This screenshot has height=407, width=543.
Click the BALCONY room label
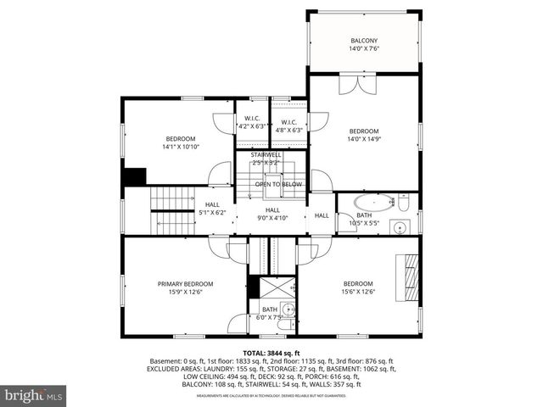(x=364, y=41)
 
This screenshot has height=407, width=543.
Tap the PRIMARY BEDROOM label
(x=185, y=283)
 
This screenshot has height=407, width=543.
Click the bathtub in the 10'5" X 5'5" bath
(x=374, y=203)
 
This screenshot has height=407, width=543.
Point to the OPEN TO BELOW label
(x=278, y=184)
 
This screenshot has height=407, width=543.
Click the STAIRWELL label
(x=266, y=154)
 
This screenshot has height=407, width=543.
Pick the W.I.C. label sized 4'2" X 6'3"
(x=252, y=119)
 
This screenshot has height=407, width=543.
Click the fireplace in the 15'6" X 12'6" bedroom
(x=410, y=273)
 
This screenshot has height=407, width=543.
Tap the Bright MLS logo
(x=34, y=395)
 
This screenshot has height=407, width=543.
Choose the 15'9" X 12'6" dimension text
(x=185, y=292)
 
